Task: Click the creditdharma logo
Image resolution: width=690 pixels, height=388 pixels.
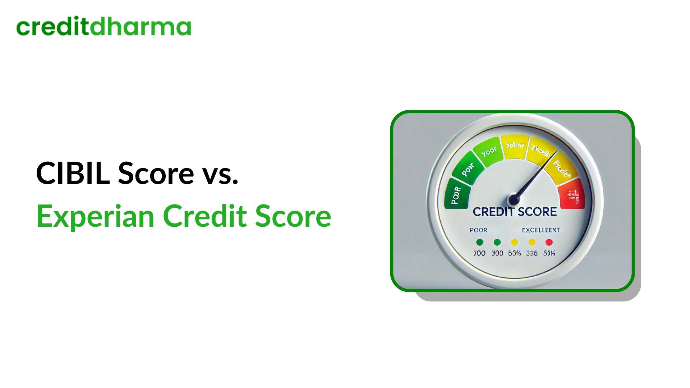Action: tap(103, 27)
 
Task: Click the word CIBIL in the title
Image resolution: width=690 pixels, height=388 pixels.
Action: tap(73, 174)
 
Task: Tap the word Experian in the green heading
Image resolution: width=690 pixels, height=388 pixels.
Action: tap(95, 216)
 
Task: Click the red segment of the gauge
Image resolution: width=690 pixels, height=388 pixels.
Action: tap(572, 194)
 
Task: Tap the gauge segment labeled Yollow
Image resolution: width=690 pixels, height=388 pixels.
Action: tap(515, 146)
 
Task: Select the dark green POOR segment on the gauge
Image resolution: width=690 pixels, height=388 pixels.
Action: tap(457, 195)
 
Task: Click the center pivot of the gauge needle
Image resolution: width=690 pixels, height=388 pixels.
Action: tap(514, 199)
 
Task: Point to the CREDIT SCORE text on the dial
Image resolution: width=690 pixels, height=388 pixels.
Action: tap(515, 212)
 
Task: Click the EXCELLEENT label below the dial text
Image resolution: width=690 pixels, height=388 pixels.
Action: tap(541, 230)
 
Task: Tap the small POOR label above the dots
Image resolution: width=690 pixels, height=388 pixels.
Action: tap(479, 230)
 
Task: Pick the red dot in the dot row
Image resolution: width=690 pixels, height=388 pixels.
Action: tap(549, 242)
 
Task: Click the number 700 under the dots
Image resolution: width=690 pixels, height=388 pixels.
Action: tap(479, 253)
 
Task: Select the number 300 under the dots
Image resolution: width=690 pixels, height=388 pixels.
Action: tap(497, 253)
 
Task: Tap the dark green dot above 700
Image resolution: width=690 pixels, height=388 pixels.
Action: tap(479, 242)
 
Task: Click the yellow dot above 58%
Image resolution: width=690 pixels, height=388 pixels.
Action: tap(515, 242)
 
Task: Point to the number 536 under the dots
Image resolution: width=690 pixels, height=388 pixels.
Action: tap(532, 253)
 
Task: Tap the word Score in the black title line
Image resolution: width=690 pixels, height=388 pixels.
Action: tap(156, 174)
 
